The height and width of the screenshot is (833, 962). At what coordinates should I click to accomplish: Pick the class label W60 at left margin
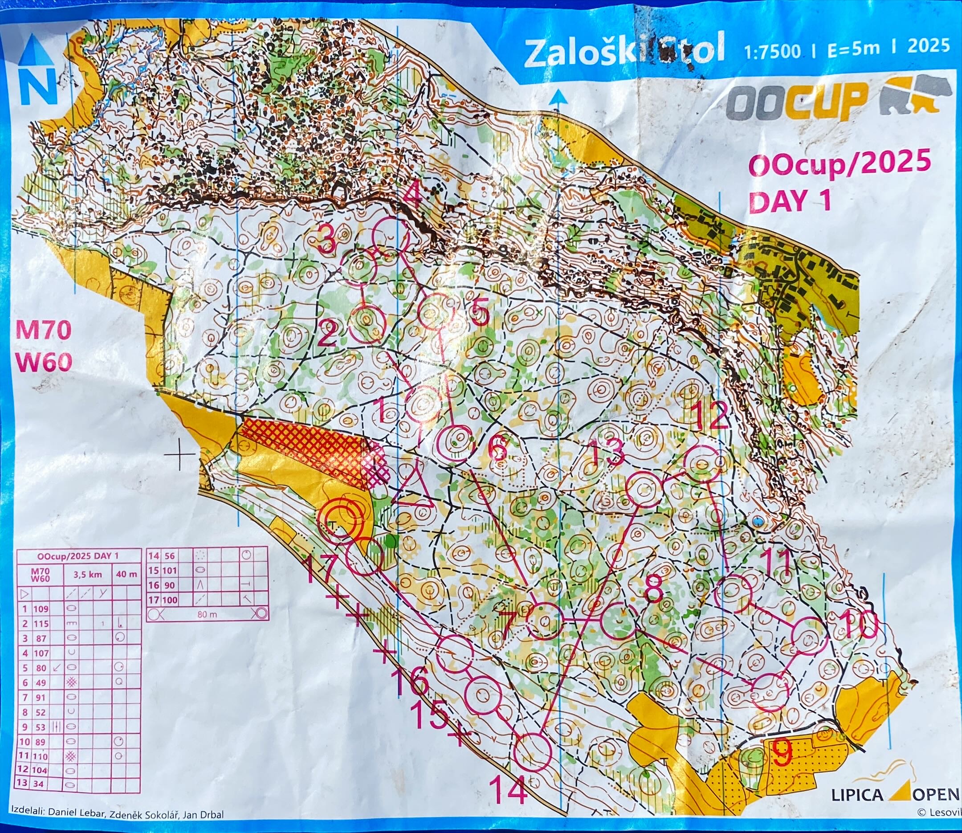pos(45,362)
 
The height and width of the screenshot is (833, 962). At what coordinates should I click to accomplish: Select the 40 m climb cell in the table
pos(126,574)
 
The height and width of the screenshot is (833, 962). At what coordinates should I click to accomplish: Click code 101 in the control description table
pos(170,570)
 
